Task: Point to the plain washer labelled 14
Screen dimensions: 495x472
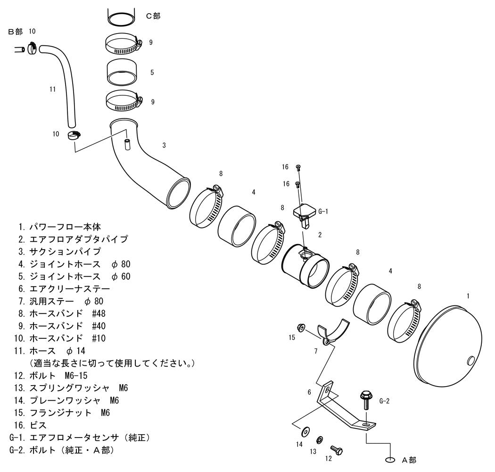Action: pos(305,430)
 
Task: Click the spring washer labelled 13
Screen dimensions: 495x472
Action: pos(319,439)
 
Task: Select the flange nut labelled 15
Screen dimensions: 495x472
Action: pos(301,328)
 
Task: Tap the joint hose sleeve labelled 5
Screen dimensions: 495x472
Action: pos(122,72)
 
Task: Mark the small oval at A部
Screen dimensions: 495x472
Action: pos(390,460)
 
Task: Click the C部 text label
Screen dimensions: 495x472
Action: pos(153,16)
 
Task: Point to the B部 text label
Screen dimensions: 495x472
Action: pos(15,32)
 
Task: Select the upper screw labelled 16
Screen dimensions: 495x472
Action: pos(298,167)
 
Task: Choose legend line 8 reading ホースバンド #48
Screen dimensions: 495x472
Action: pos(62,313)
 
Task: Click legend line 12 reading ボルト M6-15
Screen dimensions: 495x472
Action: pos(51,376)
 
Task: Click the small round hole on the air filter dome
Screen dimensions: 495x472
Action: pos(470,361)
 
